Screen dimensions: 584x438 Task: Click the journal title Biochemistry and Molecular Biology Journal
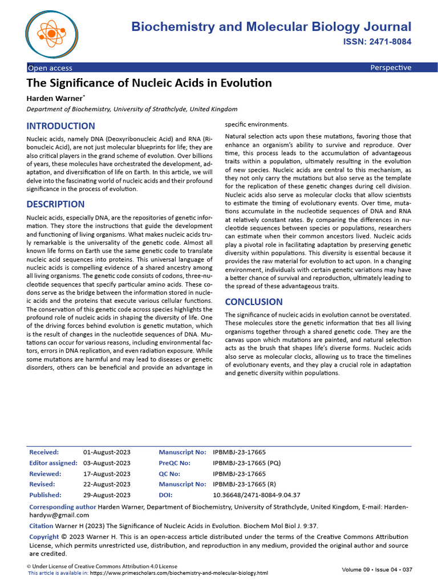pyautogui.click(x=271, y=27)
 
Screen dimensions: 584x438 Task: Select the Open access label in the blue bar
pyautogui.click(x=50, y=68)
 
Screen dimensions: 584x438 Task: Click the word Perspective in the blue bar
pyautogui.click(x=390, y=68)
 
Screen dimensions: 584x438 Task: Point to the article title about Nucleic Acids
pyautogui.click(x=149, y=83)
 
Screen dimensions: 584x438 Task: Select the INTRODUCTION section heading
pyautogui.click(x=61, y=126)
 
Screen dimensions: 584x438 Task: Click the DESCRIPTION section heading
pyautogui.click(x=56, y=204)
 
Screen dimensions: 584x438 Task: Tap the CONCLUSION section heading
pyautogui.click(x=254, y=302)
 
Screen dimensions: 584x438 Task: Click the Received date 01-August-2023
pyautogui.click(x=107, y=452)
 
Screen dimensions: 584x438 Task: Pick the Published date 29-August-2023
pyautogui.click(x=107, y=495)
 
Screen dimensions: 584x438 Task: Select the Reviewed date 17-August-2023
pyautogui.click(x=107, y=473)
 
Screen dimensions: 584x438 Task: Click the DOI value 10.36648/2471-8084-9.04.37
pyautogui.click(x=256, y=495)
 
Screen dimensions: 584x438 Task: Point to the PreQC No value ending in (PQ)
pyautogui.click(x=246, y=463)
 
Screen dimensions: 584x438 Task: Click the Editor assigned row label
pyautogui.click(x=53, y=463)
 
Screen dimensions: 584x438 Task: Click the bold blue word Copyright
pyautogui.click(x=44, y=537)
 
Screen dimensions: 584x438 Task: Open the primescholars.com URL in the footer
pyautogui.click(x=165, y=573)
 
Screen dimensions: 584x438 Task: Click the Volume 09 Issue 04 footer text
pyautogui.click(x=376, y=570)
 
